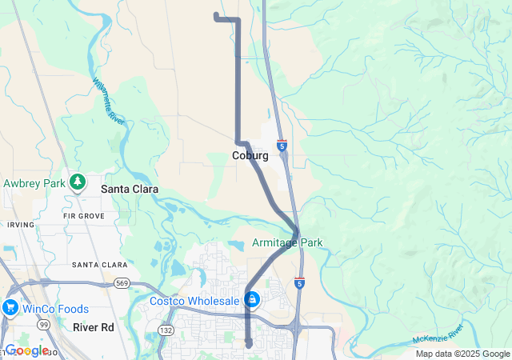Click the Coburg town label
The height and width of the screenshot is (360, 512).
(x=250, y=155)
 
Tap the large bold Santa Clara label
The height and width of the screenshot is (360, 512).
(x=129, y=190)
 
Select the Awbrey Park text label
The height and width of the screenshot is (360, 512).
(x=33, y=183)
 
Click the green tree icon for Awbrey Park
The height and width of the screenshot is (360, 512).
(x=78, y=183)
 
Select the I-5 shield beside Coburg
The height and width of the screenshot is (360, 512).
(x=282, y=146)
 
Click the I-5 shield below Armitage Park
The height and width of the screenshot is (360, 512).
(x=299, y=283)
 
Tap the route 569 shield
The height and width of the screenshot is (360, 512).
(x=122, y=283)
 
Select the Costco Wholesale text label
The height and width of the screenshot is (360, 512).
(x=194, y=301)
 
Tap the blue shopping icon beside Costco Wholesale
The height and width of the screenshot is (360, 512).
(x=252, y=300)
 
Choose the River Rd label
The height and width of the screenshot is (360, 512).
(x=94, y=327)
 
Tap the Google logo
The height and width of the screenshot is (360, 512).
(x=26, y=350)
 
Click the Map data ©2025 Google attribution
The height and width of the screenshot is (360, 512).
(x=462, y=354)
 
